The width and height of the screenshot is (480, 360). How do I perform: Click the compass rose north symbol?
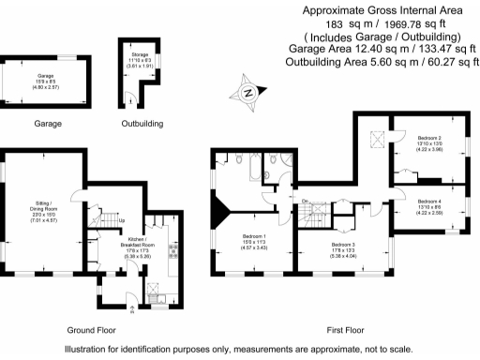[247, 92]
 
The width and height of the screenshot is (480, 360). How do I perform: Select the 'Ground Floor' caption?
[92, 331]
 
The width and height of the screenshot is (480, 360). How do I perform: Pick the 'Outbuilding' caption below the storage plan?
[142, 123]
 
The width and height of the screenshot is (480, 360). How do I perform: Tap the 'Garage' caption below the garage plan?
[48, 123]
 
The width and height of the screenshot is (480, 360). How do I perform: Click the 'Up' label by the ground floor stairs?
[120, 221]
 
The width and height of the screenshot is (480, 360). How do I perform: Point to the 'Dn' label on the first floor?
[305, 202]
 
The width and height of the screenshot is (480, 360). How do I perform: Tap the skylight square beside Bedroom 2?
[377, 141]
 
